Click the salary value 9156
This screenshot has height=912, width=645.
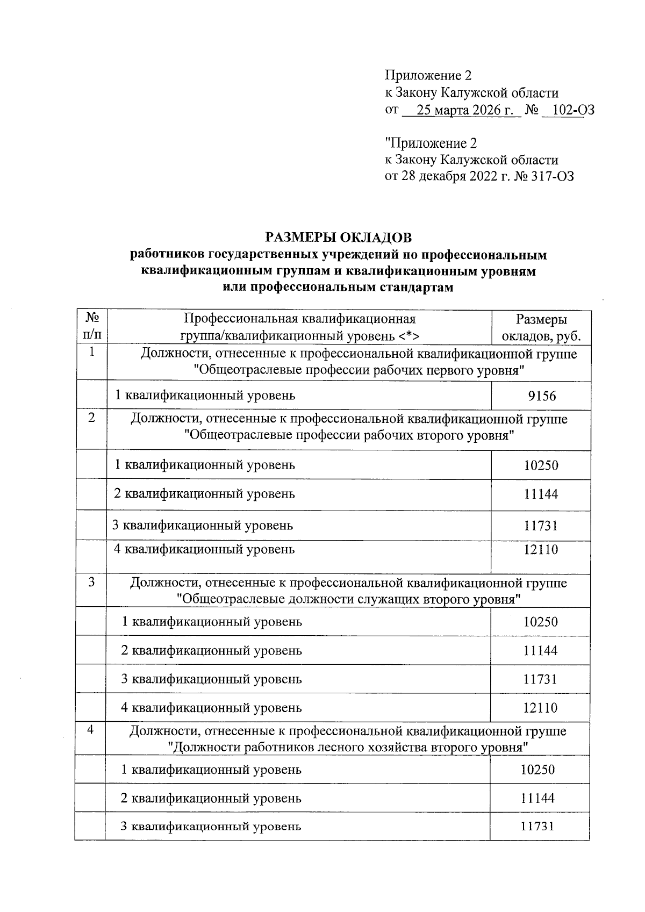[x=541, y=397]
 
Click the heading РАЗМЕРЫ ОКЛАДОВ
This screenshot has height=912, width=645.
[x=338, y=237]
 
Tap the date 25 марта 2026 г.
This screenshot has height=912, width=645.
[x=461, y=110]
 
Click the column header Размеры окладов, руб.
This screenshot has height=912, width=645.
[x=541, y=328]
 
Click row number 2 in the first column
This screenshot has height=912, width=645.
[x=91, y=418]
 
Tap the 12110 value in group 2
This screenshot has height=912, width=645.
[x=541, y=550]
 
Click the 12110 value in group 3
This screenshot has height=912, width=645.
[x=541, y=708]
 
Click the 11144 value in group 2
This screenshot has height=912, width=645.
[x=541, y=494]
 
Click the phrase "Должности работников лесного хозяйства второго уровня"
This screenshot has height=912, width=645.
[x=347, y=748]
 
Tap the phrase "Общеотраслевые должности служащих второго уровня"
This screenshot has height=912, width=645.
[x=349, y=599]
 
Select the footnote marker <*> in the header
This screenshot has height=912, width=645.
[x=409, y=336]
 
